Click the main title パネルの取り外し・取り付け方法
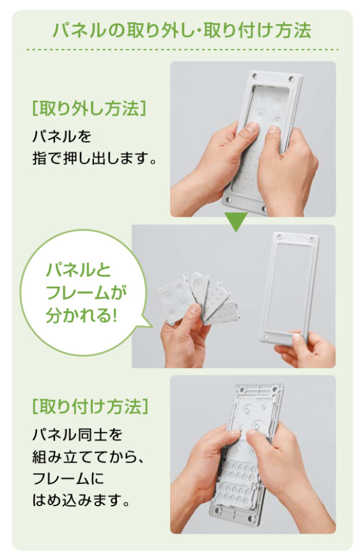(182, 30)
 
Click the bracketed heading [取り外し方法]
(89, 108)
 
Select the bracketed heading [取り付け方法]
(90, 406)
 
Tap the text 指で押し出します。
(95, 158)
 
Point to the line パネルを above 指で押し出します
(62, 136)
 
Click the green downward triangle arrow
(236, 222)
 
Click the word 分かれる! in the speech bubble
(82, 315)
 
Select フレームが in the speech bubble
(86, 293)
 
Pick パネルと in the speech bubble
(79, 270)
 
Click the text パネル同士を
(77, 435)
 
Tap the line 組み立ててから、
(88, 456)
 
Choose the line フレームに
(68, 478)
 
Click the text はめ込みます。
(81, 500)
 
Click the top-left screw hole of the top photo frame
(254, 75)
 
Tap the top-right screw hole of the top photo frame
(292, 78)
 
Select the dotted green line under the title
(182, 49)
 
